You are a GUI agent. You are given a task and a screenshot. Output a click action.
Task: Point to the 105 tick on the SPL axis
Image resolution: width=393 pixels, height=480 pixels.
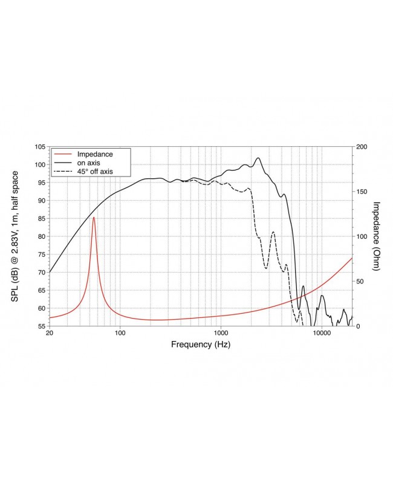coord(40,147)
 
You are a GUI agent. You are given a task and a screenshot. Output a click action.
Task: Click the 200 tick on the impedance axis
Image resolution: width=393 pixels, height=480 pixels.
coord(360,147)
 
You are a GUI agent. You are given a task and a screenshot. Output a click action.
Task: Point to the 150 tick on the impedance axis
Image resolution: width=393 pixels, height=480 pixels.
coord(360,192)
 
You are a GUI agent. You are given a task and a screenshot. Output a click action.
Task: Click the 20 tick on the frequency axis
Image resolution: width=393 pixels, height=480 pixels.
coord(50,334)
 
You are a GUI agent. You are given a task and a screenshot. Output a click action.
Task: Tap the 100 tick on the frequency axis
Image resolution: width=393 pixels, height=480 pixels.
coord(120,334)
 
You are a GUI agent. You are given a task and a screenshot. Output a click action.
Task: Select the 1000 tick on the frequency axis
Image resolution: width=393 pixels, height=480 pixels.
coord(221,334)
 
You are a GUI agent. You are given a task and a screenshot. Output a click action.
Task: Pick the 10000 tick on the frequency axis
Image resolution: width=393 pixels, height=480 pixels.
coord(322,334)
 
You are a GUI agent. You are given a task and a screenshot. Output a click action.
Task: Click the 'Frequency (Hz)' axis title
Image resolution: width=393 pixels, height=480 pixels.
coord(201,345)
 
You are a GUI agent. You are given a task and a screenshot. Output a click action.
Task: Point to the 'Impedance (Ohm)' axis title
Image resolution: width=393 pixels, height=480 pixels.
coord(376,236)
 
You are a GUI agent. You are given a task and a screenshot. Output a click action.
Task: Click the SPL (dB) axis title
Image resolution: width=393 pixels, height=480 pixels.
coord(15,236)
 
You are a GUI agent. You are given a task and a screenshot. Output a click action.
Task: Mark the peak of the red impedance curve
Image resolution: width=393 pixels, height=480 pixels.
coord(94,217)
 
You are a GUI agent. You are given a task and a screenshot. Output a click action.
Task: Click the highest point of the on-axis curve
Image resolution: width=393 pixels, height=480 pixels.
coord(258,158)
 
